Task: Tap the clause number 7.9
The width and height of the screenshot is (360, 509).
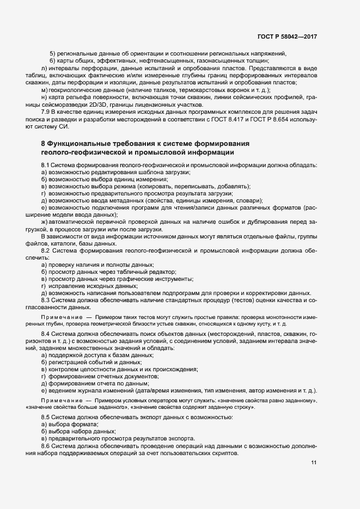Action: point(46,113)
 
